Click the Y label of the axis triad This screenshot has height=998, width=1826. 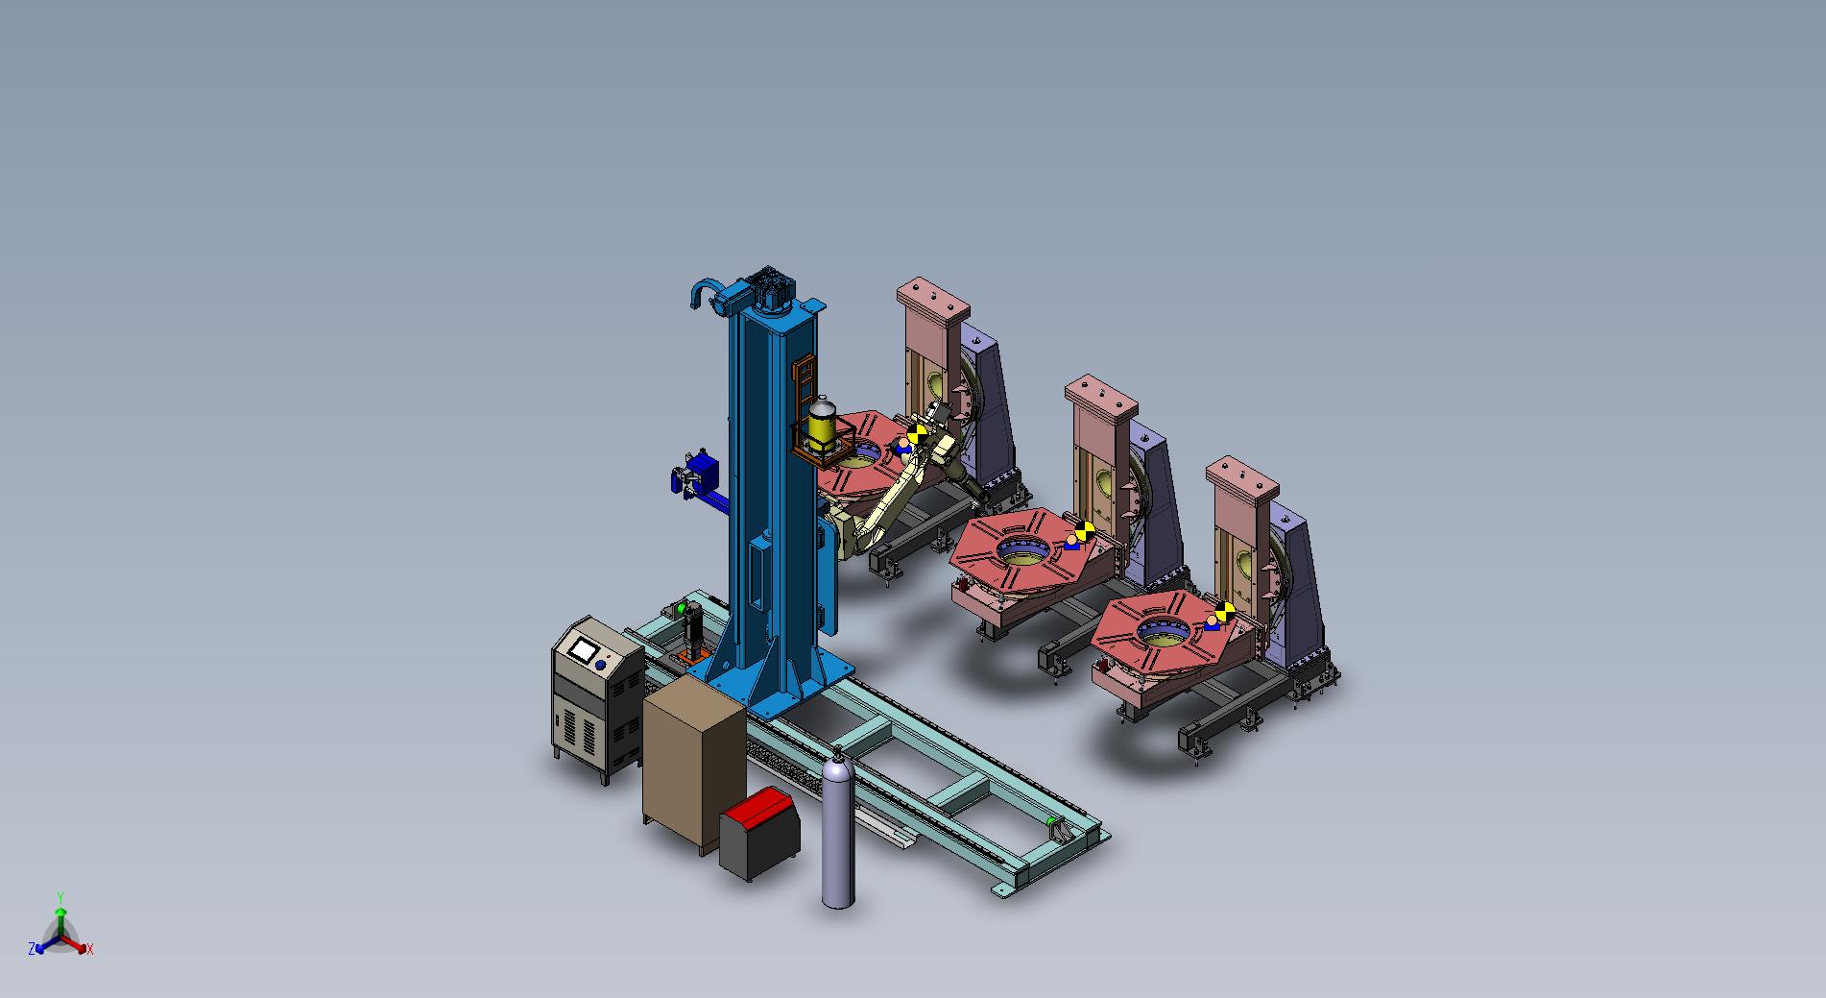pyautogui.click(x=60, y=896)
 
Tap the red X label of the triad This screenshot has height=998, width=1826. pyautogui.click(x=89, y=949)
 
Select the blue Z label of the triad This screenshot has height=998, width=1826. pyautogui.click(x=32, y=948)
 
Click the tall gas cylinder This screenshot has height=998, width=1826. pyautogui.click(x=838, y=830)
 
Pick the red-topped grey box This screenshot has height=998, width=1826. pyautogui.click(x=760, y=833)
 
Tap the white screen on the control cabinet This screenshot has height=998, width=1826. pyautogui.click(x=582, y=650)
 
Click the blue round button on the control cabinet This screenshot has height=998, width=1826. pyautogui.click(x=601, y=665)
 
